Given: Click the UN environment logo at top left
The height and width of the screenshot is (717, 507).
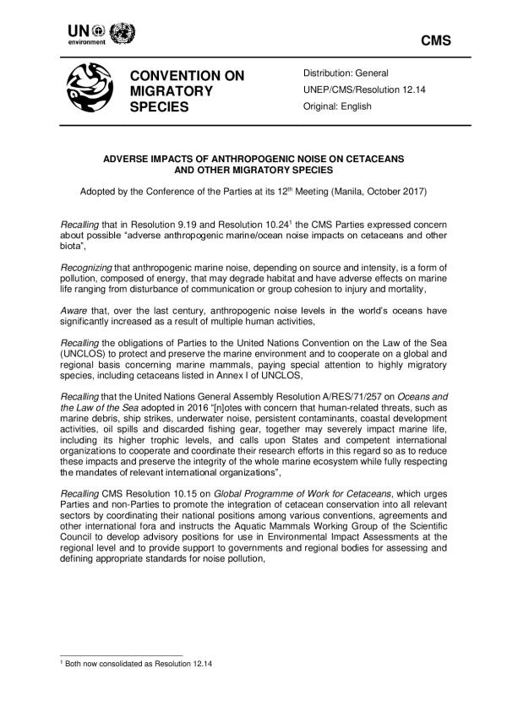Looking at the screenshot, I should tap(100, 34).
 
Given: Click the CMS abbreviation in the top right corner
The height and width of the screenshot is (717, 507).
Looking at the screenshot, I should tap(435, 41).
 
